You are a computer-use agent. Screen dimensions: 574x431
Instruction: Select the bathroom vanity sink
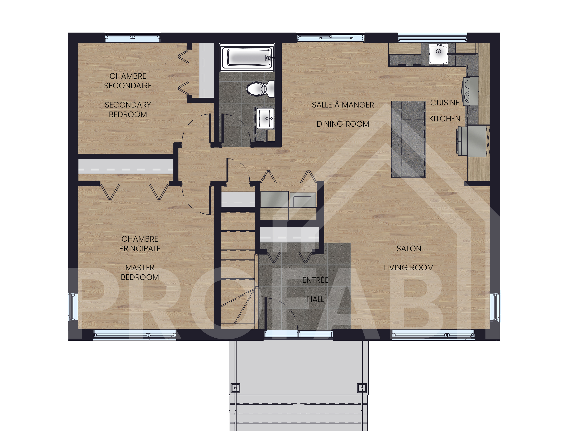[265, 119]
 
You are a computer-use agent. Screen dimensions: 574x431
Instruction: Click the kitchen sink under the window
[438, 54]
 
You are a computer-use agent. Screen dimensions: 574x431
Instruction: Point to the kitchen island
[409, 139]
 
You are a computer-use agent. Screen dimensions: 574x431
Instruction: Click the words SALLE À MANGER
[343, 105]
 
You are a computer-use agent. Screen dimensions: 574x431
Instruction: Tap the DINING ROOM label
[343, 124]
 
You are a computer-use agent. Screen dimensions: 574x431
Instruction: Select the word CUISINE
[445, 103]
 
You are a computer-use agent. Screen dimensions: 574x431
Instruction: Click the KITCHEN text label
[445, 119]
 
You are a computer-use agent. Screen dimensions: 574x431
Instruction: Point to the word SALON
[409, 248]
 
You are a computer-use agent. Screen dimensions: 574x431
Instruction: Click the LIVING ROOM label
[409, 268]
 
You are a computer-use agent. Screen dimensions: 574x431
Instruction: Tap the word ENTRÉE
[315, 280]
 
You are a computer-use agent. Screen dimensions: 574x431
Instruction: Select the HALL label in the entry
[315, 299]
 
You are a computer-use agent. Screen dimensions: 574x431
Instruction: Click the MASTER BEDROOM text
[140, 272]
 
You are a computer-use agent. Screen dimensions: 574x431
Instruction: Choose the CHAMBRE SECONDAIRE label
[128, 81]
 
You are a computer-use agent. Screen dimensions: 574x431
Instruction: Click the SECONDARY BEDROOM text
[128, 109]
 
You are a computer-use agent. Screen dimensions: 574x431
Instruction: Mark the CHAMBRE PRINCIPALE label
[140, 244]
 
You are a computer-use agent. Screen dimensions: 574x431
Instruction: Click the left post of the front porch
[235, 388]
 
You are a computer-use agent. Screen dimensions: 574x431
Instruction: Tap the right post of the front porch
[362, 388]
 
